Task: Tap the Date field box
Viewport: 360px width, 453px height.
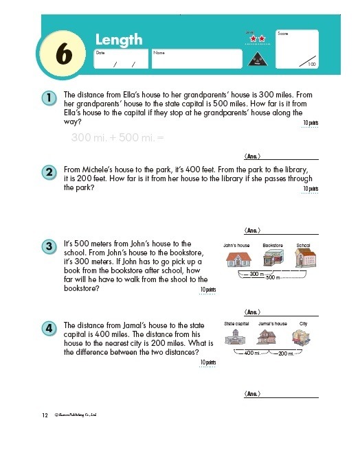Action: pyautogui.click(x=121, y=59)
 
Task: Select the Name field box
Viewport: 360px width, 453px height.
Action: pyautogui.click(x=195, y=59)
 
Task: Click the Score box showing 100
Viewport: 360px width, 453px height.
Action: pyautogui.click(x=296, y=48)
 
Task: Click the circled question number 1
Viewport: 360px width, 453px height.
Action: pyautogui.click(x=49, y=98)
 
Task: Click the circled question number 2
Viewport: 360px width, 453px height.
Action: pyautogui.click(x=49, y=172)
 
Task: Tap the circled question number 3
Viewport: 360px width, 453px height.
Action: pyautogui.click(x=49, y=246)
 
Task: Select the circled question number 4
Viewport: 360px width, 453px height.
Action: pyautogui.click(x=49, y=328)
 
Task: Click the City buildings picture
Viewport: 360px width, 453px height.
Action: pyautogui.click(x=302, y=338)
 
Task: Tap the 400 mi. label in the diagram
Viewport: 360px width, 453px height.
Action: pyautogui.click(x=251, y=353)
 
